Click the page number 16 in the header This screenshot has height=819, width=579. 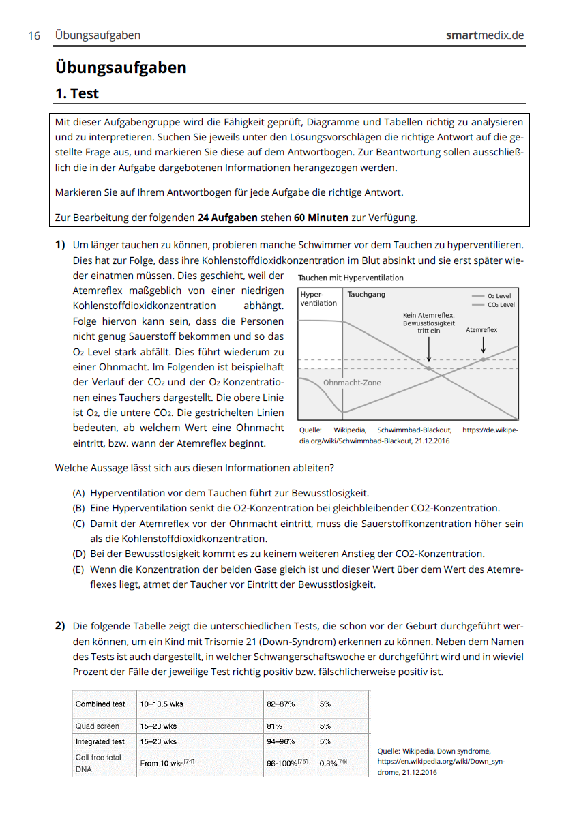33,35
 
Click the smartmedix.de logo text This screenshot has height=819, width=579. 485,35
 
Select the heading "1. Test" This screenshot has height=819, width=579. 77,93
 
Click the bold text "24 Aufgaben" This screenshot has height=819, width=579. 227,218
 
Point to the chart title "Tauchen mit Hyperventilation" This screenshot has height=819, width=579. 351,278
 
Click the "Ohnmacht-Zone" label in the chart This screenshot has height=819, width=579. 352,383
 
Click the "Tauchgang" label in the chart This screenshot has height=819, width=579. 366,295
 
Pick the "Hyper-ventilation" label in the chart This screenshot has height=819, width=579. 318,299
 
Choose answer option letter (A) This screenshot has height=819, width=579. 79,493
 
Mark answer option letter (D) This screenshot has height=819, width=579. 79,554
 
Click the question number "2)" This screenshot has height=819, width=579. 60,626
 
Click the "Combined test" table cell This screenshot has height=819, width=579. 100,704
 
